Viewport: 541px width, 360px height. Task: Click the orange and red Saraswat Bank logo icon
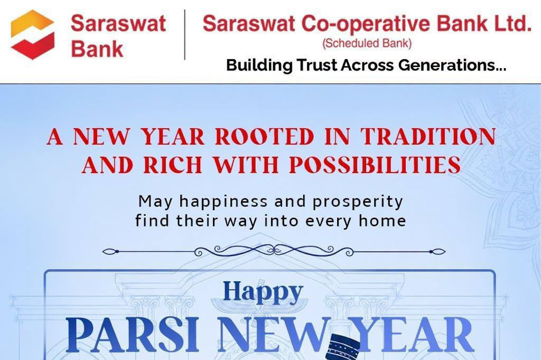click(33, 34)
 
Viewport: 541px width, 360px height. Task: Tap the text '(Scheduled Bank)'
click(367, 43)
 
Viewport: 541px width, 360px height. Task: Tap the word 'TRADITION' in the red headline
click(428, 137)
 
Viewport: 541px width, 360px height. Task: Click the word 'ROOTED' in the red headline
click(264, 137)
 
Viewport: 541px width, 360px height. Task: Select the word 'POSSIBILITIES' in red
click(375, 165)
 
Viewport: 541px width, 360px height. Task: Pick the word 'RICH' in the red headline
click(173, 165)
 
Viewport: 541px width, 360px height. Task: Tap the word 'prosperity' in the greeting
click(358, 202)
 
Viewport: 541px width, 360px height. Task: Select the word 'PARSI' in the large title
click(133, 335)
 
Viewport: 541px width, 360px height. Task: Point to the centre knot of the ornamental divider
click(274, 250)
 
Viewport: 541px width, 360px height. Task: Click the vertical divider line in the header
click(184, 34)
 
